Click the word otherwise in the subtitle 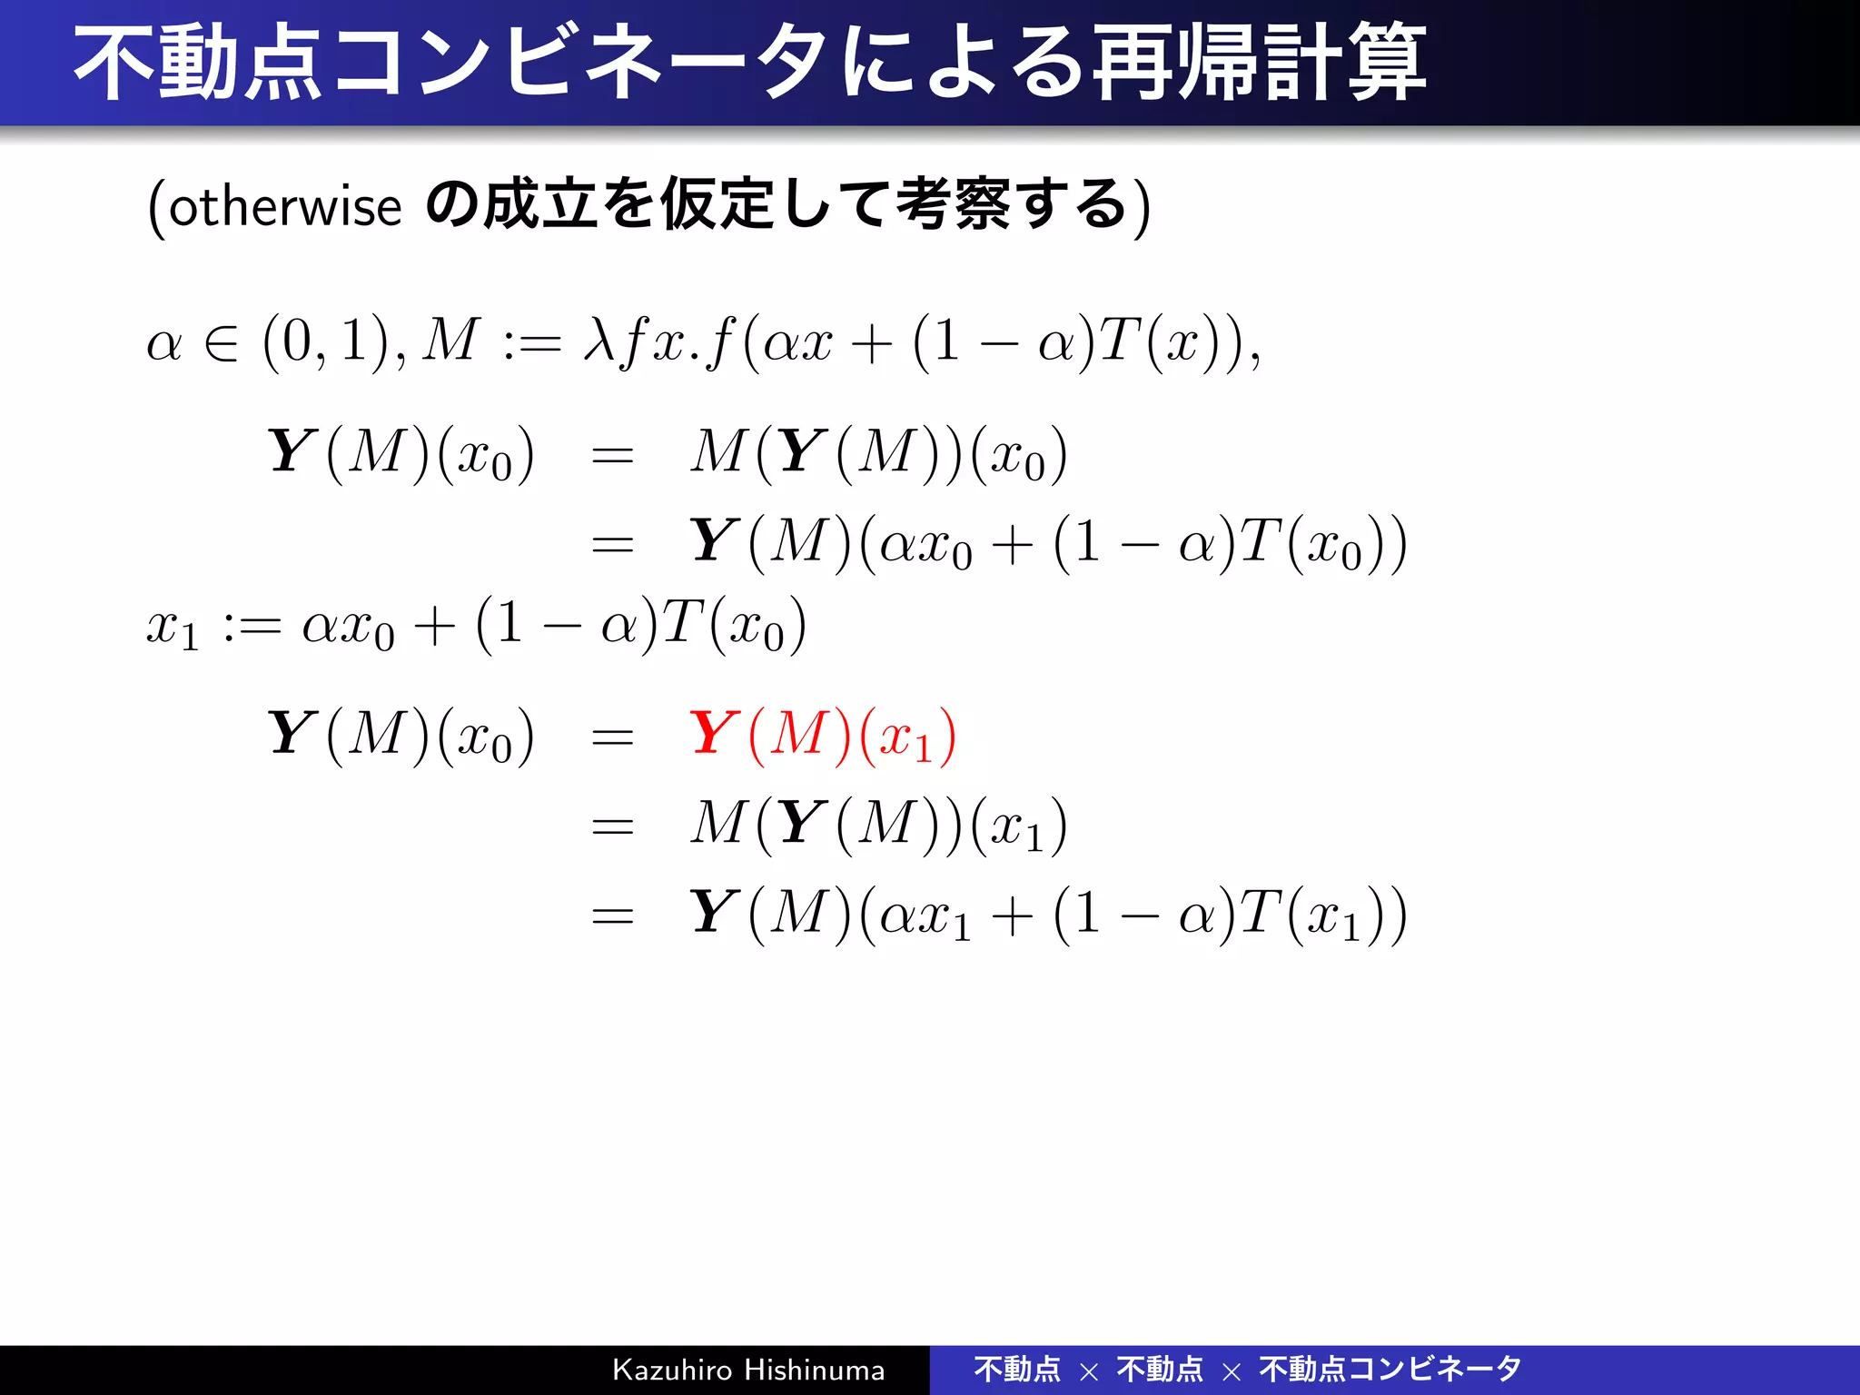[285, 206]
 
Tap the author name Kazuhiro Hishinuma [748, 1370]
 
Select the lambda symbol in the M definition [599, 341]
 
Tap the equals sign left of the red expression [612, 737]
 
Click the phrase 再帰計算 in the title [1259, 64]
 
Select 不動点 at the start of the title [198, 64]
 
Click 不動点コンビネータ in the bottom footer [1390, 1370]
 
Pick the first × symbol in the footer [1089, 1371]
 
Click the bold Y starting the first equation [291, 451]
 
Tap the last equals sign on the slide [612, 915]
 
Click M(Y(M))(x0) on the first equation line [878, 453]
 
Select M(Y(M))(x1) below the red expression [878, 826]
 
